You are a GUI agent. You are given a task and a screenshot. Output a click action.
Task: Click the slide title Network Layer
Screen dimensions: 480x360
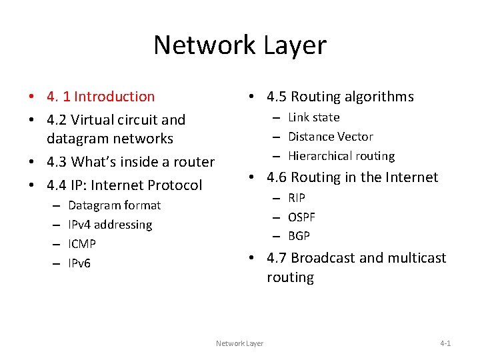(x=240, y=45)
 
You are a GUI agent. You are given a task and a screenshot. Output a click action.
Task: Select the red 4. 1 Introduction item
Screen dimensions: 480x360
(x=101, y=97)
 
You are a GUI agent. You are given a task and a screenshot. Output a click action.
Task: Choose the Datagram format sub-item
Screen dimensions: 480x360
(x=114, y=205)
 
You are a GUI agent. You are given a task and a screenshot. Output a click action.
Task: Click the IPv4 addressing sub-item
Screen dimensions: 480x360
(x=110, y=225)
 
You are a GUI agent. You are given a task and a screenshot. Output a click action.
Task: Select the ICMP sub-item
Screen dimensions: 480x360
(x=82, y=244)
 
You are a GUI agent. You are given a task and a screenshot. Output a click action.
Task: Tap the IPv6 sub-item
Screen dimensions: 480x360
(x=79, y=263)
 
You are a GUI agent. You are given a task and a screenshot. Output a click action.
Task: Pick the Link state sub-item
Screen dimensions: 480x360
(x=313, y=117)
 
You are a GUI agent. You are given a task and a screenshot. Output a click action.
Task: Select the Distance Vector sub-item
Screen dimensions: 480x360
(x=330, y=137)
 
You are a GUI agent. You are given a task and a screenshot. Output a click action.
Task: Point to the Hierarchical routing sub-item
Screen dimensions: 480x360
(x=341, y=156)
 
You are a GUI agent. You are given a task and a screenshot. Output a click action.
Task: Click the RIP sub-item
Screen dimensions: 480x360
(x=296, y=197)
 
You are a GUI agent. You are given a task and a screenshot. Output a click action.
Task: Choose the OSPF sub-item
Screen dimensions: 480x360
(x=301, y=217)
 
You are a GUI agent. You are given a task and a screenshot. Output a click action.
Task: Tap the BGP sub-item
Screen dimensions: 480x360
(x=299, y=236)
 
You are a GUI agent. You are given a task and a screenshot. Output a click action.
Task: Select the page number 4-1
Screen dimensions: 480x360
(x=445, y=343)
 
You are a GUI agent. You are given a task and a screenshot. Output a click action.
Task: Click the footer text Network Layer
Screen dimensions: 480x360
(x=239, y=343)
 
